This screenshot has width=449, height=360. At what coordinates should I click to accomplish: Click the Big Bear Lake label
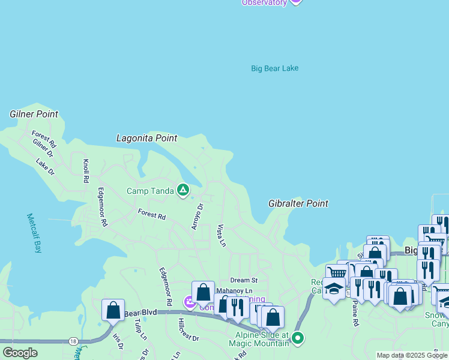point(274,68)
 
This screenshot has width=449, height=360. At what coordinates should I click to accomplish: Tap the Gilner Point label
point(34,114)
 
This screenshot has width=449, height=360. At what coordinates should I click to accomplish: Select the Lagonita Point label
point(146,138)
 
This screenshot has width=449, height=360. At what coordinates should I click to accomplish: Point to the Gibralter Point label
point(298,203)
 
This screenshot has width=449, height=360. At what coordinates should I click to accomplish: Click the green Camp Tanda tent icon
point(183,191)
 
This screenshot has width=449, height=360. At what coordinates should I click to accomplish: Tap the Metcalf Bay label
point(34,233)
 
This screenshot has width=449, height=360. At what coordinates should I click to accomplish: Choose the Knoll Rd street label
point(86,171)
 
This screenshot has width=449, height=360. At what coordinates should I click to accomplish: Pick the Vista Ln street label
point(221,236)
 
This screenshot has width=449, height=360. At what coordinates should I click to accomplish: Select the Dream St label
point(244,280)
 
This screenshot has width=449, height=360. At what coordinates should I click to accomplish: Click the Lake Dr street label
point(45,167)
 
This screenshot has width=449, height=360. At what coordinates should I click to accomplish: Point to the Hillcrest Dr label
point(188,329)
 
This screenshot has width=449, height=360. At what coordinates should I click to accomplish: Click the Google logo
point(20,353)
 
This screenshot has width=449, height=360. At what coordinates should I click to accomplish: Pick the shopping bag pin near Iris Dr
point(113,310)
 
